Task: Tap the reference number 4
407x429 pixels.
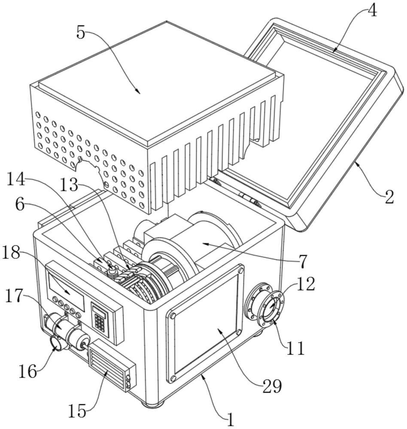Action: (x=372, y=11)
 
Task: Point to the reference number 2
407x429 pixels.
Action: (x=389, y=197)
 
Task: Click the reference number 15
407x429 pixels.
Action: (x=77, y=411)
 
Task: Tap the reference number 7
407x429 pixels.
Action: (x=303, y=260)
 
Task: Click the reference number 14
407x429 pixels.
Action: (x=16, y=179)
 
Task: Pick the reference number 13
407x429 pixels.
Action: (x=69, y=186)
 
